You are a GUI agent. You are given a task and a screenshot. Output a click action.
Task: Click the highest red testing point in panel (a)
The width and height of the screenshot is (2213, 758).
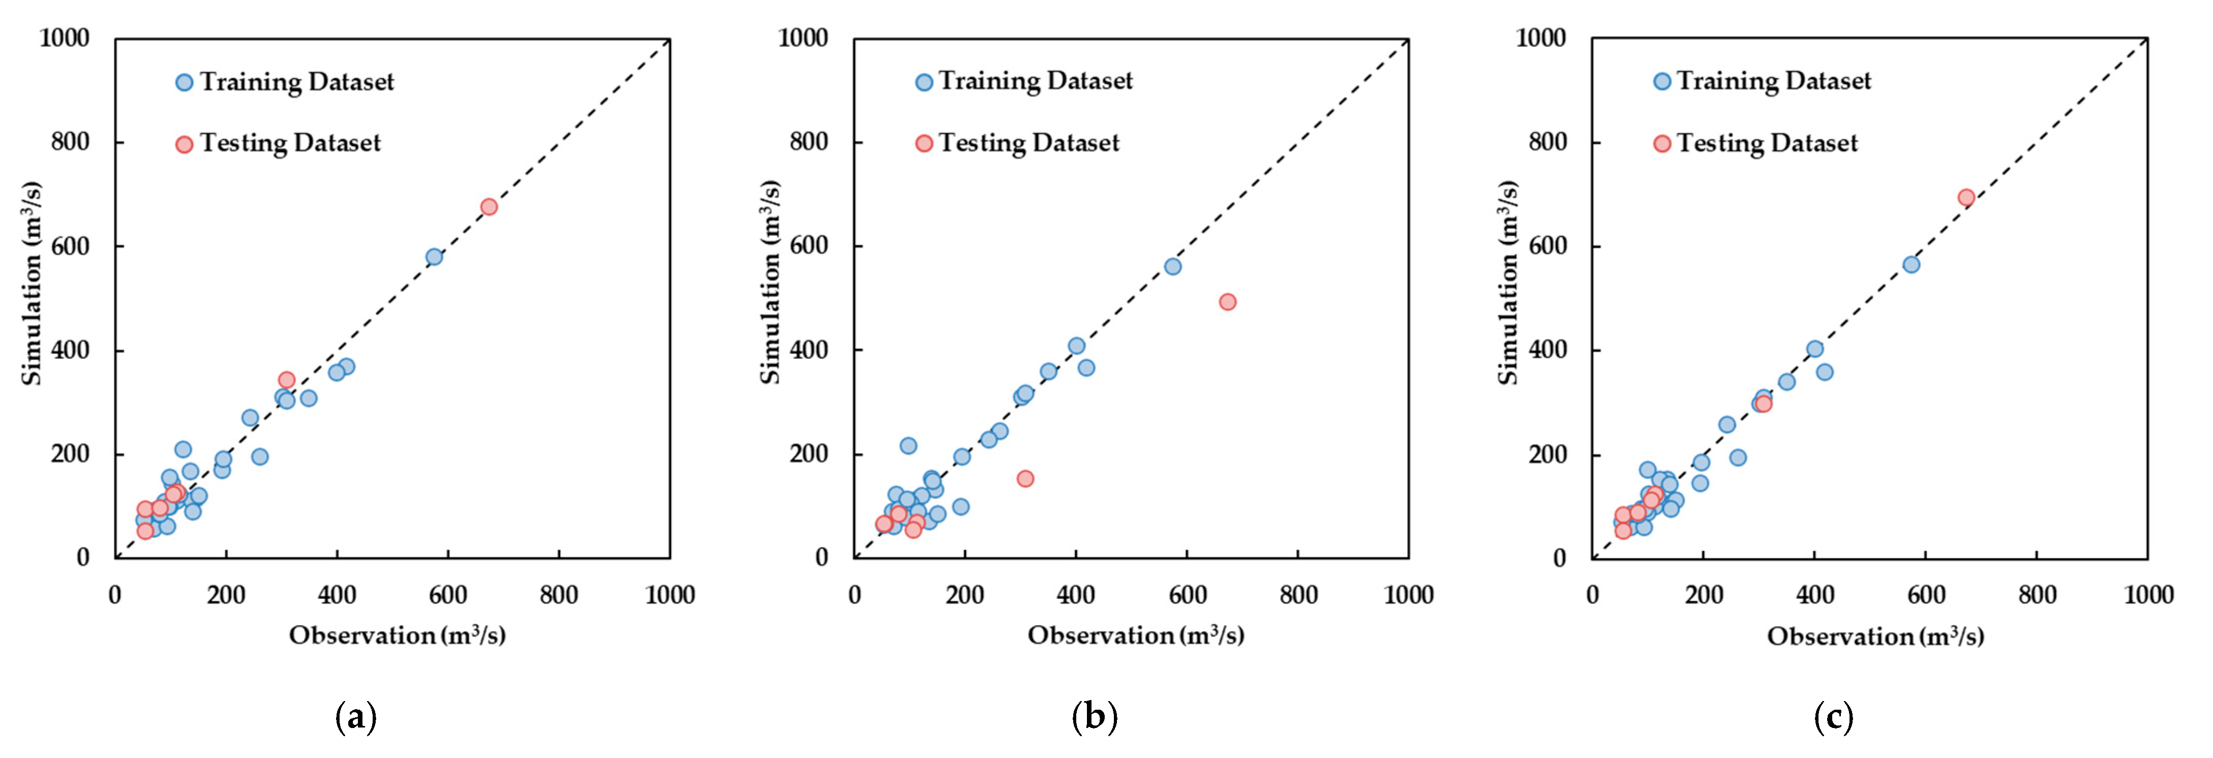tap(489, 207)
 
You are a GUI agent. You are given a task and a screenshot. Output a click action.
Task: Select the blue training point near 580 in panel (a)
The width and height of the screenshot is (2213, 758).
tap(434, 257)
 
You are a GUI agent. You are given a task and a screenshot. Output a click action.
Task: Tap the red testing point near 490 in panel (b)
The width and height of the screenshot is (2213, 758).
tap(1228, 301)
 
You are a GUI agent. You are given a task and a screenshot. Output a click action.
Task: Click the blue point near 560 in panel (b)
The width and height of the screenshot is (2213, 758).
tap(1173, 266)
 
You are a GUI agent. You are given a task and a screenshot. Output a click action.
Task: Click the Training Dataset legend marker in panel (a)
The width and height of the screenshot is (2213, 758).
tap(184, 82)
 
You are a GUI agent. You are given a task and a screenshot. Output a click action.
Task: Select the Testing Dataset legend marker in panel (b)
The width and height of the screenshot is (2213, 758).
tap(924, 143)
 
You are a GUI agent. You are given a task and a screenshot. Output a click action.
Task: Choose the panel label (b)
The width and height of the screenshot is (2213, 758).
tap(1095, 716)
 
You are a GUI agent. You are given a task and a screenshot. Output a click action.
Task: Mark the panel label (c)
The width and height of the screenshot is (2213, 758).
tap(1833, 716)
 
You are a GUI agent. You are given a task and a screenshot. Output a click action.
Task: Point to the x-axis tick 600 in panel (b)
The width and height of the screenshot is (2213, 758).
tap(1187, 595)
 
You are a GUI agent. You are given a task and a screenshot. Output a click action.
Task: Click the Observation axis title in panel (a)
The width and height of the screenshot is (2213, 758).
tap(397, 635)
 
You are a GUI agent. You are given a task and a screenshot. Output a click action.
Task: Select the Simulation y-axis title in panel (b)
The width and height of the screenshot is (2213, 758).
tap(770, 282)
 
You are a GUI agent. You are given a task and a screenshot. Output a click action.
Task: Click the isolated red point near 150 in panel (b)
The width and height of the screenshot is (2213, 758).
tap(1025, 479)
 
